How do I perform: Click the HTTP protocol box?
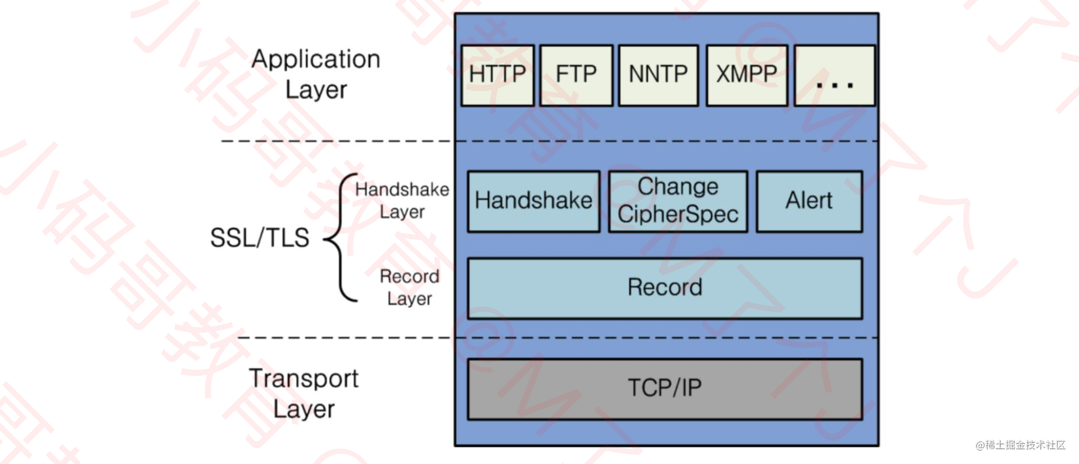(497, 75)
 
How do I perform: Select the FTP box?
(576, 75)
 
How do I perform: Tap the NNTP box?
(658, 75)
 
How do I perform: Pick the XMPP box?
(746, 75)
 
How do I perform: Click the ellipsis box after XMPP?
(835, 75)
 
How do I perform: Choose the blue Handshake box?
(533, 201)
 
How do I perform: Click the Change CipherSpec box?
(678, 201)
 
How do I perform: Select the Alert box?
(809, 201)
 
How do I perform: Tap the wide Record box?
(665, 288)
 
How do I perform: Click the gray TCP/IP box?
(665, 389)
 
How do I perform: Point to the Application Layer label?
(316, 74)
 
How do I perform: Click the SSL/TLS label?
(260, 238)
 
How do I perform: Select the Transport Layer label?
(303, 393)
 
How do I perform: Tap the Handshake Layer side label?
(402, 201)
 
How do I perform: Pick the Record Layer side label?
(410, 288)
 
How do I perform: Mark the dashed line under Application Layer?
(337, 141)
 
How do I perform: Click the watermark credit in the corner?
(1021, 445)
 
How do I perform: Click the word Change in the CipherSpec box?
(678, 186)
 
